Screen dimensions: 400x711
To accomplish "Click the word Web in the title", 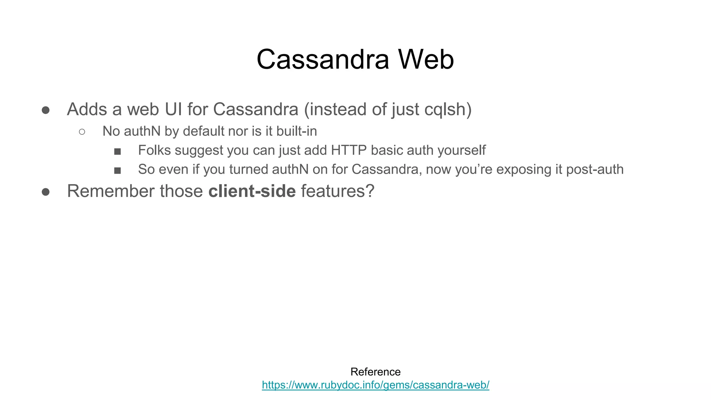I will tap(426, 59).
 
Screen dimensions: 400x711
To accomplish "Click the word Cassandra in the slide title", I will tap(323, 59).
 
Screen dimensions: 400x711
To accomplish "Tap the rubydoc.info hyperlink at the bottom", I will tap(375, 385).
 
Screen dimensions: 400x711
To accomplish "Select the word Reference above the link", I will tap(375, 372).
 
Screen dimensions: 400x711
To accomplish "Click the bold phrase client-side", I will tap(252, 191).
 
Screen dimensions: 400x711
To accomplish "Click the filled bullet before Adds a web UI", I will tap(45, 110).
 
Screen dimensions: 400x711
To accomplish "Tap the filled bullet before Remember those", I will tap(45, 192).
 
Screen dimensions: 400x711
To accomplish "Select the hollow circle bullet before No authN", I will tap(82, 132).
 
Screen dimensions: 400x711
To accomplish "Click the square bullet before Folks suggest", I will tap(117, 151).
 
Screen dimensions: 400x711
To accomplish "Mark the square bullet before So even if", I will tap(117, 170).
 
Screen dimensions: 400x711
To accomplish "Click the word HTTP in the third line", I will tap(349, 150).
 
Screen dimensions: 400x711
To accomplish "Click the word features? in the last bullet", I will tap(337, 191).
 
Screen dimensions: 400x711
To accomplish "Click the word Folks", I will tap(154, 150).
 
